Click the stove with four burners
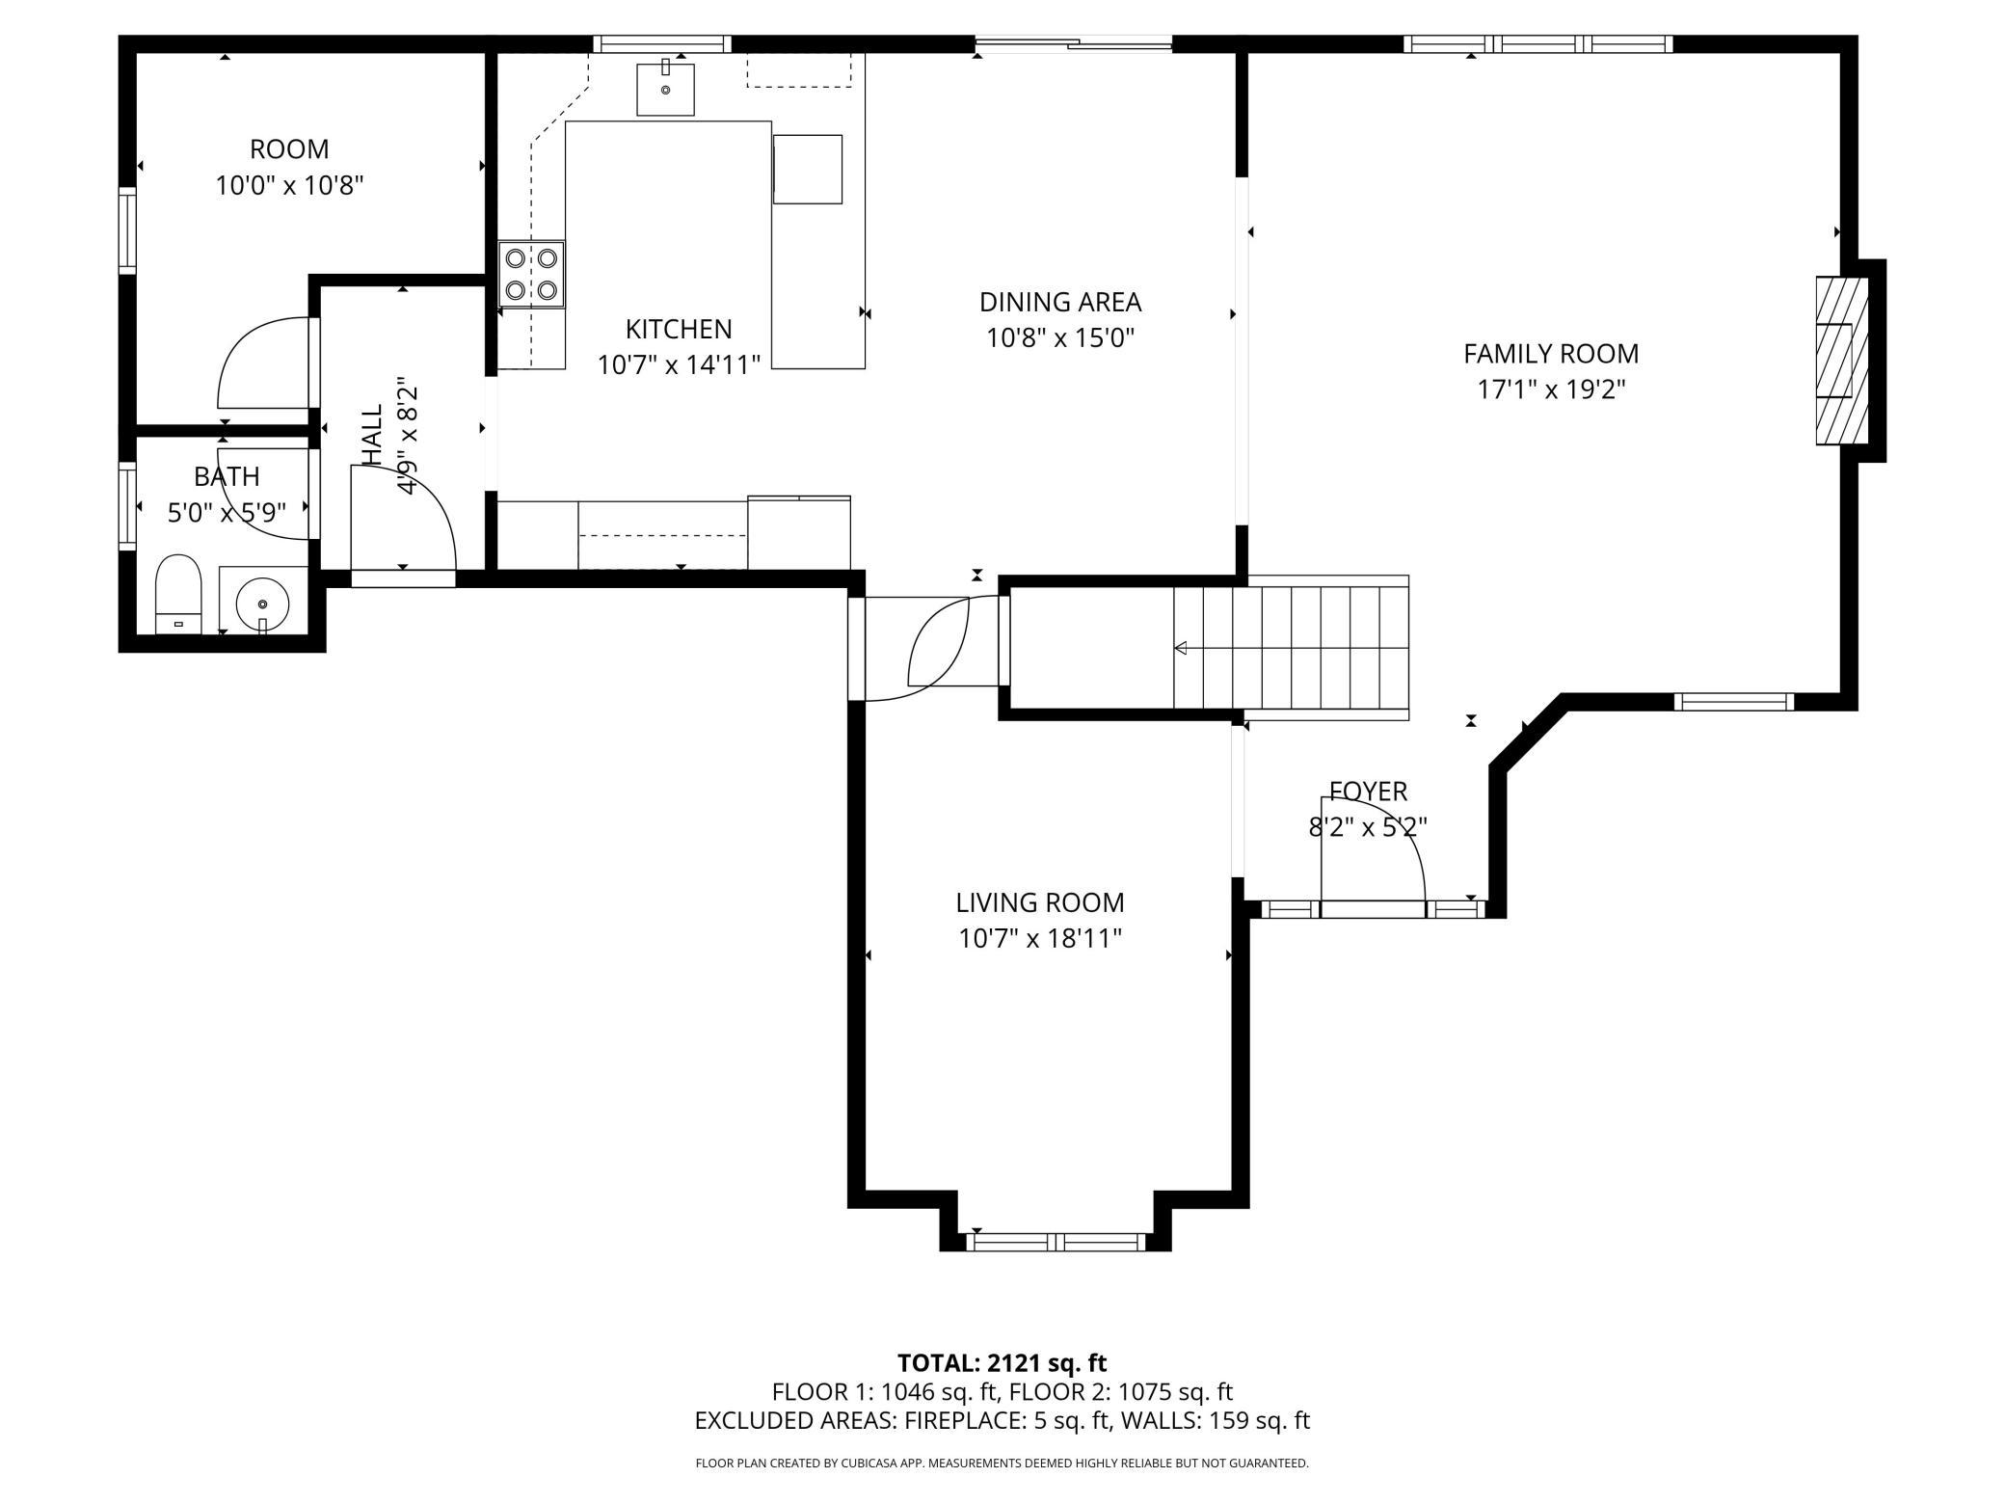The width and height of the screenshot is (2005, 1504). coord(531,275)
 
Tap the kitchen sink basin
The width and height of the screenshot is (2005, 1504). coord(665,90)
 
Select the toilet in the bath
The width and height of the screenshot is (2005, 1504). coord(178,594)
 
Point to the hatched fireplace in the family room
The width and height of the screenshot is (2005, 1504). coord(1842,361)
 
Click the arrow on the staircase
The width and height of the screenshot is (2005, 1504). coord(1291,648)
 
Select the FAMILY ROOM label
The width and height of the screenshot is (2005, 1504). coord(1551,354)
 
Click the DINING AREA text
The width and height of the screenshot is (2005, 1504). coord(1060,303)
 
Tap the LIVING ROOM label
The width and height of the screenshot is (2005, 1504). coord(1040,903)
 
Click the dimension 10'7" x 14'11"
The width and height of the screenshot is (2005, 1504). coord(680,365)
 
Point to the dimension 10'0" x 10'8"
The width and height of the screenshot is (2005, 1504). coord(289,185)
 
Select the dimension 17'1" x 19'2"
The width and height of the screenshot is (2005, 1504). coord(1551,389)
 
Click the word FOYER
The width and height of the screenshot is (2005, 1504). coord(1368,792)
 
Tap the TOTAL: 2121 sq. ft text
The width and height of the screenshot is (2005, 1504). coord(1002,1363)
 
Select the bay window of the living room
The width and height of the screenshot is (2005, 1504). coord(1056,1242)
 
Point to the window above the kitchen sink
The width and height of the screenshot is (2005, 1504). coord(662,43)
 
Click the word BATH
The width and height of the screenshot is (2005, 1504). coord(227,477)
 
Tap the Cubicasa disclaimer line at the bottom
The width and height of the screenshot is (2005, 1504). coord(1002,1464)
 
